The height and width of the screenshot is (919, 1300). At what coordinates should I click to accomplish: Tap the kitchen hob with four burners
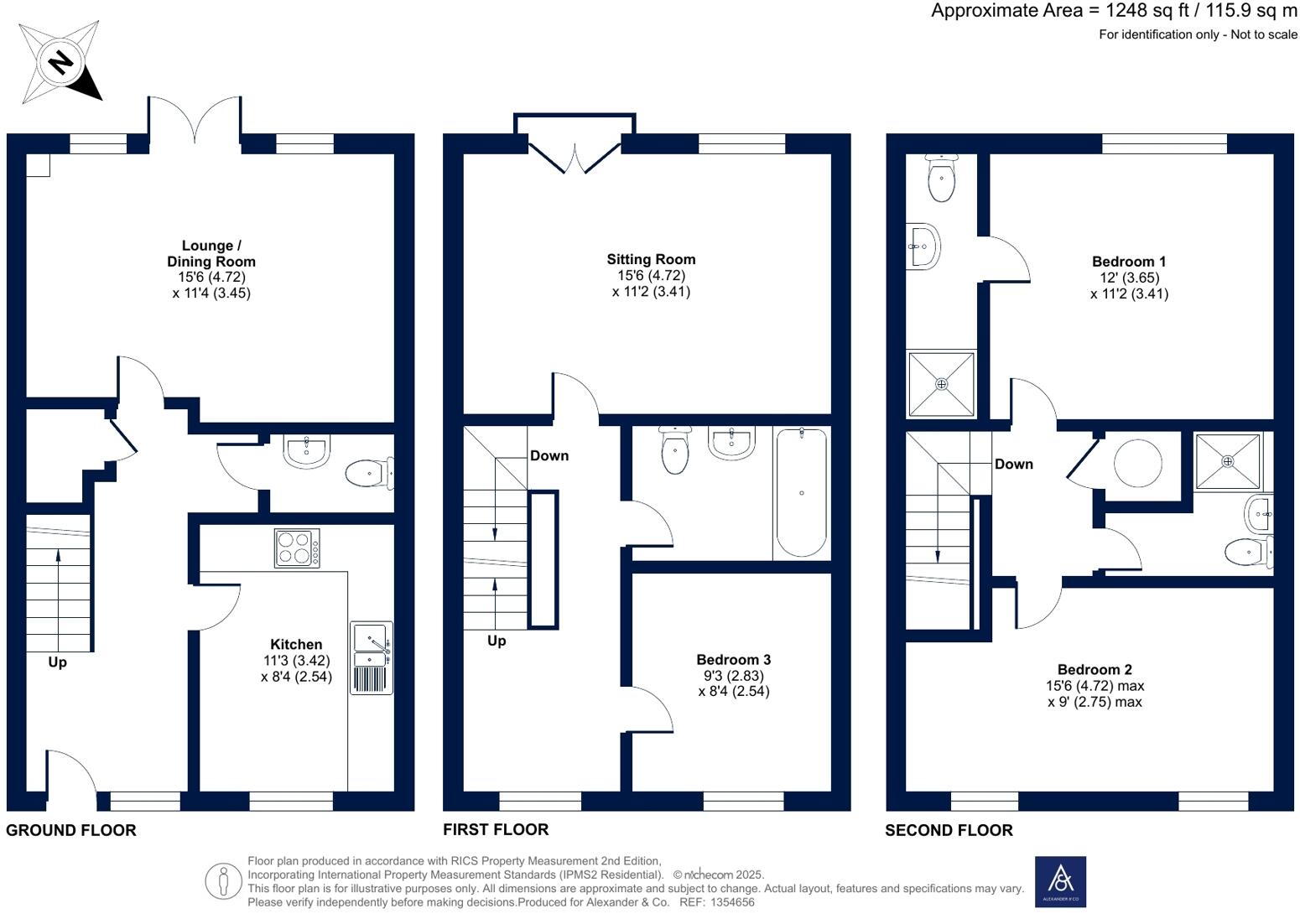pos(297,548)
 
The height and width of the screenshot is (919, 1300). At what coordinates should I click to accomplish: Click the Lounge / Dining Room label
pos(211,253)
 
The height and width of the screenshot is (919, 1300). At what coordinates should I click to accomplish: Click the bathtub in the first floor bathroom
pos(802,492)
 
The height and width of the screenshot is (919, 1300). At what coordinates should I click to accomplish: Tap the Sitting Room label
pos(651,259)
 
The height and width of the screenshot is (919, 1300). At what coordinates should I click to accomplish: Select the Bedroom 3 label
pos(733,660)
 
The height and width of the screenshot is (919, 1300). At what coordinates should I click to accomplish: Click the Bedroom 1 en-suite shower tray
pos(942,384)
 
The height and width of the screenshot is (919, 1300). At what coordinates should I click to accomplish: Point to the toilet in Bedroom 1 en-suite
pos(942,178)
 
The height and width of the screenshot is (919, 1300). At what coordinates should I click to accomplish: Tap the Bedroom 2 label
pos(1095,669)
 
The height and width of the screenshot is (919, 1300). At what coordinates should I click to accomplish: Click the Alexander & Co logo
pos(1060,881)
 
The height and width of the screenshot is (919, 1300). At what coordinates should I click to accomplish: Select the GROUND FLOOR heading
pos(71,830)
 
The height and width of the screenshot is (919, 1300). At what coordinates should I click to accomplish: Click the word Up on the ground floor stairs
pos(57,662)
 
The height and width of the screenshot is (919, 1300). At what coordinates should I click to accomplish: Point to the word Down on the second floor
pos(1013,464)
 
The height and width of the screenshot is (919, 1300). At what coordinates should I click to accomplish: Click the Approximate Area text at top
pos(1113,11)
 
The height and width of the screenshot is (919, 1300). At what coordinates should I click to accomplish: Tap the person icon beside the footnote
pos(223,881)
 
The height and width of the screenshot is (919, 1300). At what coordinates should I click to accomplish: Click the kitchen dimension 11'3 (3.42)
pos(296,660)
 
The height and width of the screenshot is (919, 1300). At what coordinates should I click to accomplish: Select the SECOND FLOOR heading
pos(949,830)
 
